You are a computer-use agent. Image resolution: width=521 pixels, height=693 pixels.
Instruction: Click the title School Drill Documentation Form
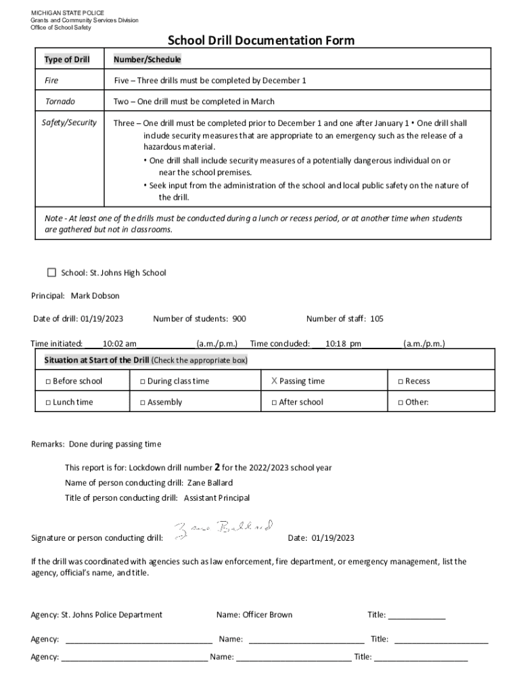coord(260,41)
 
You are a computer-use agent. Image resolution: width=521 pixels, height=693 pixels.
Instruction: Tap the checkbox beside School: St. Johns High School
coord(51,273)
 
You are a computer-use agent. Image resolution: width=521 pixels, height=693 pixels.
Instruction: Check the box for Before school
coord(48,382)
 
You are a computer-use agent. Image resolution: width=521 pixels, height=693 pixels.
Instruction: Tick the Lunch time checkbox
coord(48,403)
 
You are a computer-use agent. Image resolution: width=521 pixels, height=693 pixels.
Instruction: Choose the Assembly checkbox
coord(143,403)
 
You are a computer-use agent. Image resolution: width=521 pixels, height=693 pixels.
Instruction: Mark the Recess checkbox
coord(401,382)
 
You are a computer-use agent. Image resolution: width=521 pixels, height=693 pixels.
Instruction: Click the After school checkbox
coord(274,403)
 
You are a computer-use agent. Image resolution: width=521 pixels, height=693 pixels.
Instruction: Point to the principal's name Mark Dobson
coord(95,296)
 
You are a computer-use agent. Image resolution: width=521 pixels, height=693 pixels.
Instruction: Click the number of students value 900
coord(240,319)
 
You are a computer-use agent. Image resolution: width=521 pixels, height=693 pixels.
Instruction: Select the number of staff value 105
coord(376,319)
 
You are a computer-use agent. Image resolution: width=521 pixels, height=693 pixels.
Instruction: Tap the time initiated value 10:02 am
coord(119,344)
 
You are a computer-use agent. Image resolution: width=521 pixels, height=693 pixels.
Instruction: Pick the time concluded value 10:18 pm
coord(343,344)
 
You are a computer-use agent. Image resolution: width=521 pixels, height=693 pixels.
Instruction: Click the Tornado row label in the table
coord(60,102)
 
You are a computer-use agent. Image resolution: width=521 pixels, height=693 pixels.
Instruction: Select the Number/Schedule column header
coord(147,60)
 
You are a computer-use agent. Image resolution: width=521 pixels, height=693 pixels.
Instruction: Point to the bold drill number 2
coord(217,467)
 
